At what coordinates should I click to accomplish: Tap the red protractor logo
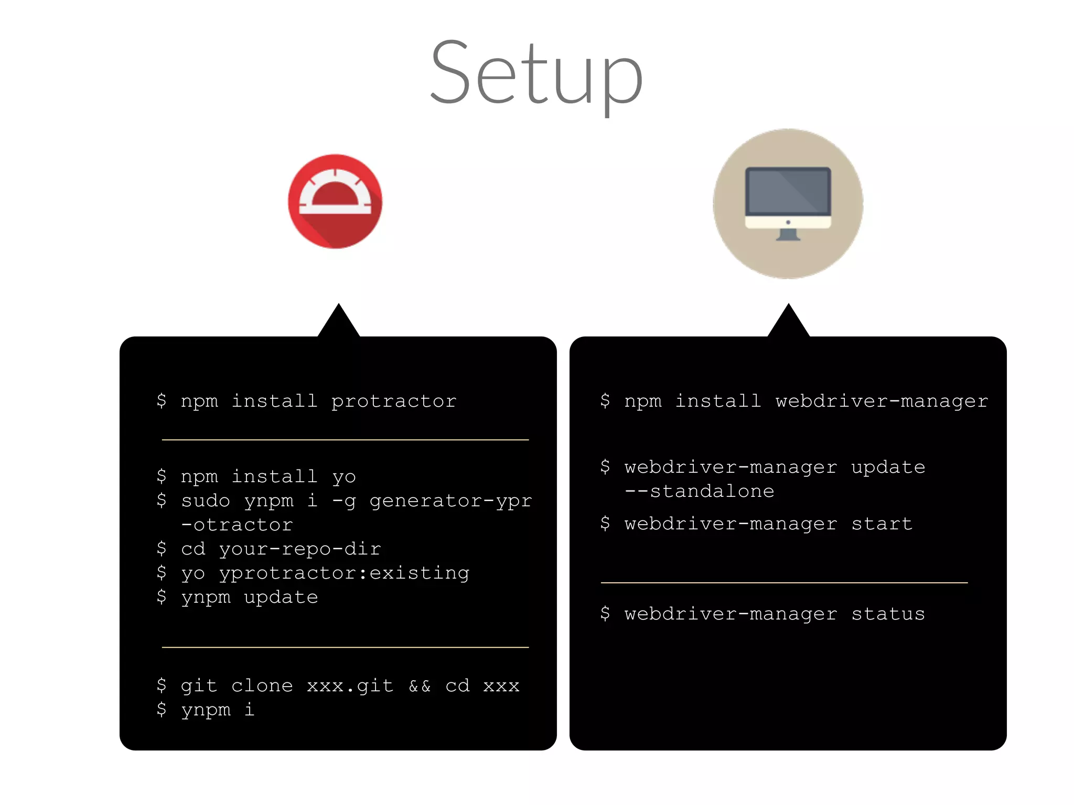click(335, 201)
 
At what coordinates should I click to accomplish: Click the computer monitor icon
click(788, 203)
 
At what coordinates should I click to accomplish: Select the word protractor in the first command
click(394, 401)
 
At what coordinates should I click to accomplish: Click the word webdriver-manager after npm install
click(882, 401)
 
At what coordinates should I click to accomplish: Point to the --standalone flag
click(699, 492)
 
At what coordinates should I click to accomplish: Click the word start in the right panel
click(882, 524)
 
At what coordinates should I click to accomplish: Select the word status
click(888, 614)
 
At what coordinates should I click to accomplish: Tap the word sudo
click(206, 501)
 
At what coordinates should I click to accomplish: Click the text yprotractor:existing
click(344, 573)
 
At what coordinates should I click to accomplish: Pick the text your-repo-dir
click(300, 549)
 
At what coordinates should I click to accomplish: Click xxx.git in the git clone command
click(350, 686)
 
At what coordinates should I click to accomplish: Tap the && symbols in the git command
click(420, 686)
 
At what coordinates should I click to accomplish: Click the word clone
click(262, 686)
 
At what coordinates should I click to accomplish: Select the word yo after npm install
click(344, 477)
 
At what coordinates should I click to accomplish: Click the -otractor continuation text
click(237, 525)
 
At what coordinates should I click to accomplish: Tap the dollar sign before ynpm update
click(162, 597)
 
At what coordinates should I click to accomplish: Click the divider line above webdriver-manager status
click(784, 583)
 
